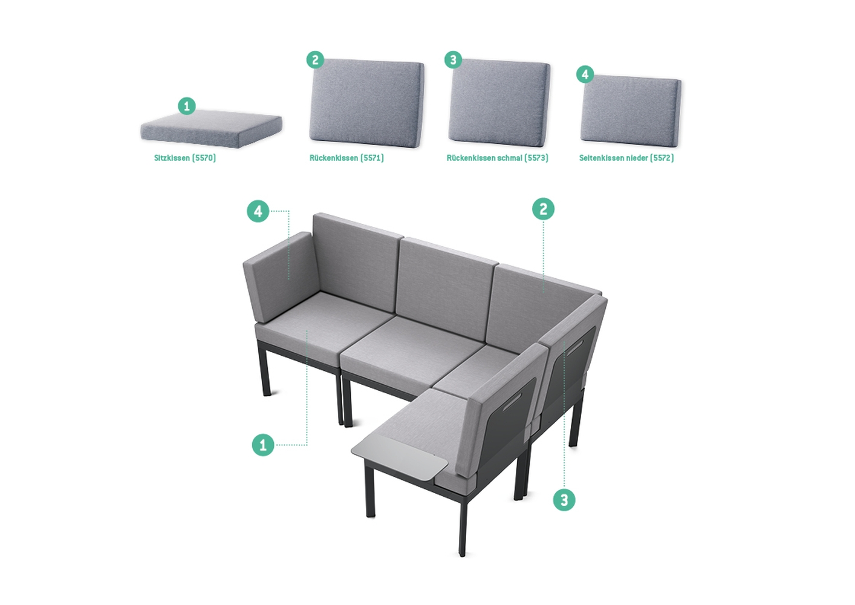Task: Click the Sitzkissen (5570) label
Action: (x=185, y=158)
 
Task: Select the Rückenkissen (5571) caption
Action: (x=346, y=158)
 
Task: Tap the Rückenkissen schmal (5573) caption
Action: (x=498, y=158)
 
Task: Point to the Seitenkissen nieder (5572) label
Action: (x=626, y=158)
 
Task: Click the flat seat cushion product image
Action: (x=211, y=129)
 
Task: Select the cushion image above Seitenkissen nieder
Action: (x=631, y=110)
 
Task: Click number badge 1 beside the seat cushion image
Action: (x=187, y=106)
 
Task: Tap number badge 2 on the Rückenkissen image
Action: (x=315, y=60)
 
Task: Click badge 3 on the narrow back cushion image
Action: (x=454, y=60)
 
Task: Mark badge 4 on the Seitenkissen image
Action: (x=585, y=74)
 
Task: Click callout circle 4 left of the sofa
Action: (x=258, y=211)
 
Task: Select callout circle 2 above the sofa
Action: (x=543, y=209)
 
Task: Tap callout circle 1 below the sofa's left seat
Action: (x=263, y=445)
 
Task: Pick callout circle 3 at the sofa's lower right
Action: (x=564, y=500)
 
